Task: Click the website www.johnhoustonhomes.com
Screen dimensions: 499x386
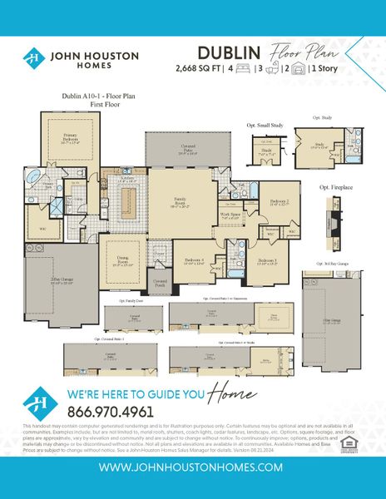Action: (192, 467)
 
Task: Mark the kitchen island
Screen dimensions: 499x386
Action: (128, 202)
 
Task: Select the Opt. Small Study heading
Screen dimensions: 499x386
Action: (265, 125)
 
